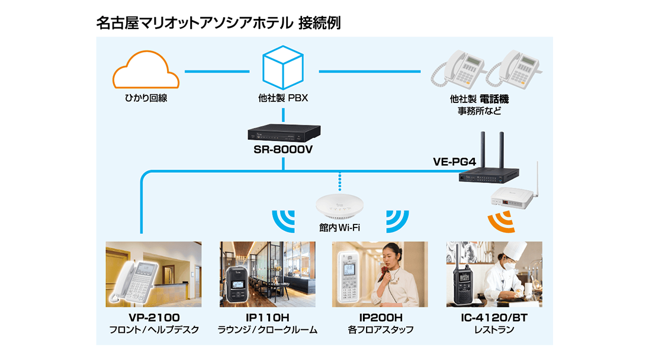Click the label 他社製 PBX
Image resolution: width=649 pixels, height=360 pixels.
point(282,99)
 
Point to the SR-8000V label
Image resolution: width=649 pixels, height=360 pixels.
point(283,149)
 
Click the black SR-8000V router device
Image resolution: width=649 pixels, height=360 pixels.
point(283,131)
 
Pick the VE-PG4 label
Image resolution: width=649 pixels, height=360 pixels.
point(453,161)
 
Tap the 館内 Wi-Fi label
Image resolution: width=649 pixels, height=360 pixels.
point(339,227)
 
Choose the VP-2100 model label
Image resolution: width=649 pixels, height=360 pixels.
point(153,317)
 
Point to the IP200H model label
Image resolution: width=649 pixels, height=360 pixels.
point(380,317)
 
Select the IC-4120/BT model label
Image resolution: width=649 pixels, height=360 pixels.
point(494,317)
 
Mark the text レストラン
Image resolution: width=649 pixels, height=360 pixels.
point(494,330)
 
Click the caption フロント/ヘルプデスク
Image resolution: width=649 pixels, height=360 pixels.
point(153,330)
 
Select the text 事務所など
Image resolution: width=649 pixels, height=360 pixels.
point(479,111)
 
